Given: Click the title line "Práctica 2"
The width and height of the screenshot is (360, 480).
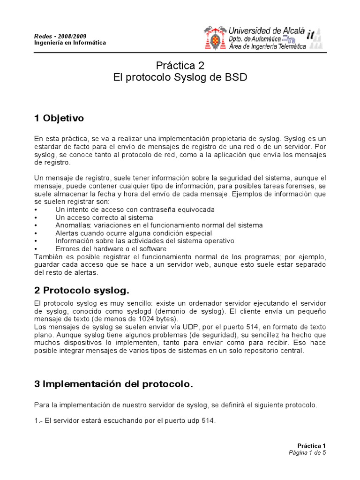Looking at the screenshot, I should click(x=180, y=65).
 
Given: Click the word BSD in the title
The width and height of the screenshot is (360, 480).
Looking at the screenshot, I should click(x=235, y=77).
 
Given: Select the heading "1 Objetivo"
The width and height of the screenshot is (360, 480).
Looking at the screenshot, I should click(x=59, y=118).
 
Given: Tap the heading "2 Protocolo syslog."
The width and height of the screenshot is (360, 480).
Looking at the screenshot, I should click(x=82, y=291).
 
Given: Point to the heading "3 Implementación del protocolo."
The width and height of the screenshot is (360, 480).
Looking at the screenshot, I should click(x=113, y=384).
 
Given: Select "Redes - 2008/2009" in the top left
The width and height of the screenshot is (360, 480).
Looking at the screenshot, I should click(x=60, y=36).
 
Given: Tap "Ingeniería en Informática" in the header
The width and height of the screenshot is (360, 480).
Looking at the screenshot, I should click(x=70, y=43).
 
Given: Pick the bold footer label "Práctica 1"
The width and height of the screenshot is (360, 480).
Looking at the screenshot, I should click(x=311, y=446).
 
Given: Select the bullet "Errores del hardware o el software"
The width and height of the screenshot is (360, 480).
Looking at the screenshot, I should click(x=111, y=249).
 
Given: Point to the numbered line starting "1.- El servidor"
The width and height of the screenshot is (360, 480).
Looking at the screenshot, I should click(x=125, y=420).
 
